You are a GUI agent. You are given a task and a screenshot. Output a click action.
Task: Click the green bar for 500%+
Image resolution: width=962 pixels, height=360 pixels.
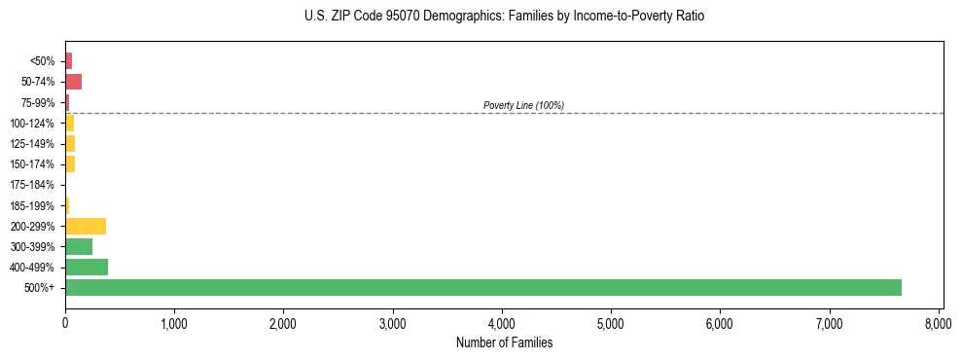pos(482,287)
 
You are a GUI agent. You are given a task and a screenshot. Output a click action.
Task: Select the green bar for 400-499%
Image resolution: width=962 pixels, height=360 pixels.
pos(87,267)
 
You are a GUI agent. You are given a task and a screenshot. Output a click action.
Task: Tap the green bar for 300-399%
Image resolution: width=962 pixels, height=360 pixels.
pos(79,246)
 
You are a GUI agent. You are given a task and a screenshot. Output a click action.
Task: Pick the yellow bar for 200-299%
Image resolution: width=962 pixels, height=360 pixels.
pos(86,226)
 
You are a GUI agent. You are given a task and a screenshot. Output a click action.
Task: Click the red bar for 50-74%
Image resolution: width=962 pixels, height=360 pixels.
pos(73,82)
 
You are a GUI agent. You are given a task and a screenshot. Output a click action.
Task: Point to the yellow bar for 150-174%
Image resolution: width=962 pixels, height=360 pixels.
pos(70,164)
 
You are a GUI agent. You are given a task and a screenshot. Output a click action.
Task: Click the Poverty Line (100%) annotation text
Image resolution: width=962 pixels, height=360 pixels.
pos(523,105)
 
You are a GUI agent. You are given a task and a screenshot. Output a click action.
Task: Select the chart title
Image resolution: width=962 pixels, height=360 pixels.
pos(504,17)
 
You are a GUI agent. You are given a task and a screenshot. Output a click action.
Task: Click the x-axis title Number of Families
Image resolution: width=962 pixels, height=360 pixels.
pos(504,342)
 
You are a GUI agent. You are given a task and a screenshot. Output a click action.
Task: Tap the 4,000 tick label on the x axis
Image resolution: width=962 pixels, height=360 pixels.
pos(502,323)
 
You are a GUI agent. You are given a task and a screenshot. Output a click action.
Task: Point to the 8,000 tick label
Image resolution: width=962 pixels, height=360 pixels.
pos(939,323)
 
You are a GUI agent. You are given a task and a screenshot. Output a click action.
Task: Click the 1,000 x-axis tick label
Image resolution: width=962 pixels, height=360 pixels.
pos(174,323)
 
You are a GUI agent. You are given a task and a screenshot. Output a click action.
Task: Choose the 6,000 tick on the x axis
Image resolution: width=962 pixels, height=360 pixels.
pos(721,323)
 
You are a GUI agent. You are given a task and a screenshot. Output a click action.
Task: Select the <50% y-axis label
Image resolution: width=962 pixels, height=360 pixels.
pos(42,61)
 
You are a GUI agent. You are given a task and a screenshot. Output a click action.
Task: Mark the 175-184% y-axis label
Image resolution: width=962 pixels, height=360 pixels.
pos(32,185)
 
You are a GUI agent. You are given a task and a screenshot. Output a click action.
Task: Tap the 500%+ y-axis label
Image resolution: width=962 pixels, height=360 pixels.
pos(40,288)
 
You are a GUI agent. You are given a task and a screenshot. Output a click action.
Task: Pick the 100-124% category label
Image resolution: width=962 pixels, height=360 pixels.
pos(32,124)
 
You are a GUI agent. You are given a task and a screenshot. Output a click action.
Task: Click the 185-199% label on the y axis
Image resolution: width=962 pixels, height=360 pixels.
pos(32,205)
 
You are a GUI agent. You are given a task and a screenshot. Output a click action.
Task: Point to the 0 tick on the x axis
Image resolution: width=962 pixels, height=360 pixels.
pos(65,323)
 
